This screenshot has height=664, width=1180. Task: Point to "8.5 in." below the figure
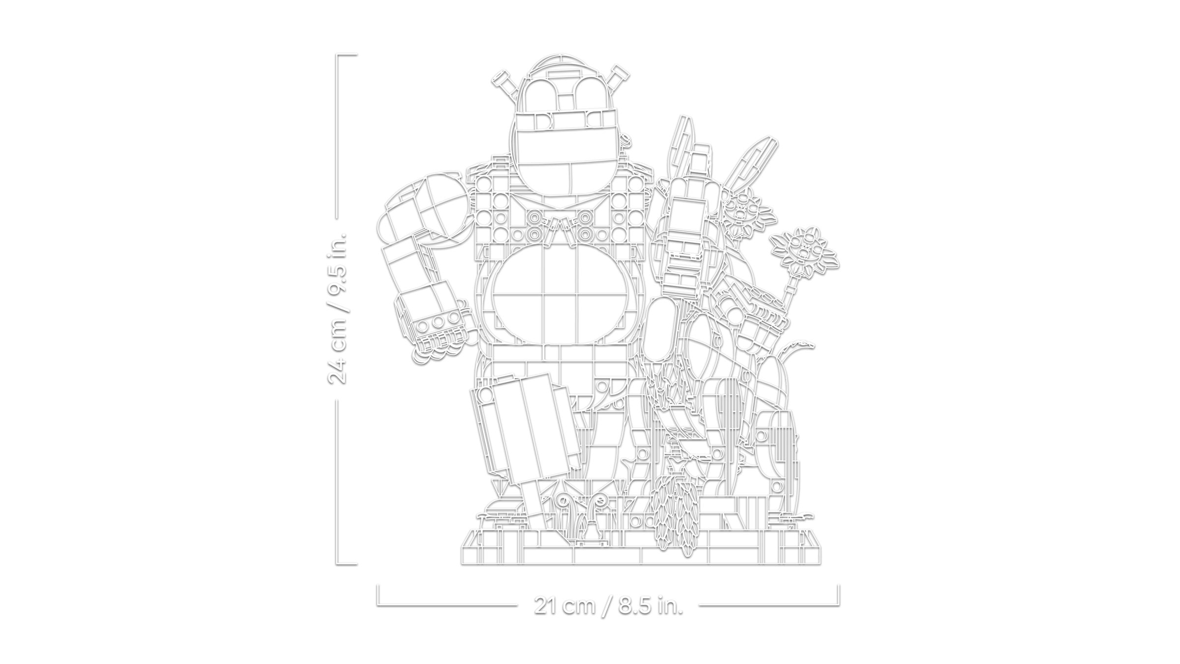(651, 605)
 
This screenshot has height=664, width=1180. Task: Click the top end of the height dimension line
(337, 55)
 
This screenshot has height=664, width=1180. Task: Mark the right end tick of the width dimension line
(838, 594)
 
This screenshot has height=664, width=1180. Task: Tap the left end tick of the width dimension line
(378, 594)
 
